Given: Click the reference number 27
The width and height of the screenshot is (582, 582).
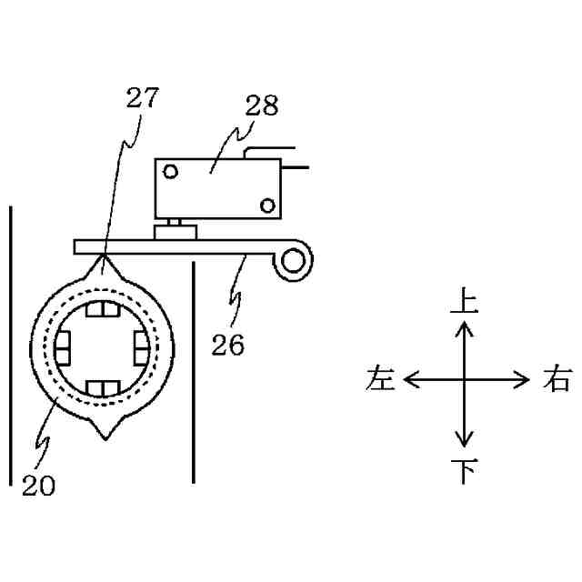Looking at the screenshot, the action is (x=142, y=99).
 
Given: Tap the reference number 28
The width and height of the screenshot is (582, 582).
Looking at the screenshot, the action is (x=261, y=106).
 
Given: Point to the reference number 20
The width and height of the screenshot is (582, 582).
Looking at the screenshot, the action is (x=37, y=486).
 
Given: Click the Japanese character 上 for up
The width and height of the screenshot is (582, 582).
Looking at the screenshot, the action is (x=464, y=301).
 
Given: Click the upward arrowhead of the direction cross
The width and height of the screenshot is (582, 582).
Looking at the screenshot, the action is (x=464, y=328).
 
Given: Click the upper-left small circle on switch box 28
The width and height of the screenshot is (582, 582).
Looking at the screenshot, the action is (x=170, y=170).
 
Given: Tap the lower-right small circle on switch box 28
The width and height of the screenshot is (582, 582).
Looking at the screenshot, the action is (x=266, y=204).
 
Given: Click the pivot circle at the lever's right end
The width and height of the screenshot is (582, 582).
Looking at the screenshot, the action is (x=293, y=262).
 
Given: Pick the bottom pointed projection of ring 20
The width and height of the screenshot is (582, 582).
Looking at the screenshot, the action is (x=107, y=432).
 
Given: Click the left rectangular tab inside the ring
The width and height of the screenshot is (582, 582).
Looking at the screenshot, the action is (x=65, y=346).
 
